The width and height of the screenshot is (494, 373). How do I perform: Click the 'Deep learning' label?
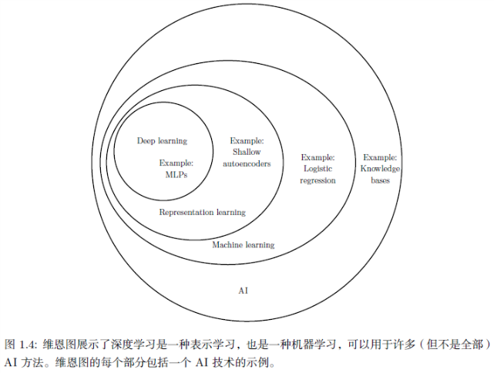[x=162, y=141]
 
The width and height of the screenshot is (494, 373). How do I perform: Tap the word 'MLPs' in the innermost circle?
[x=176, y=174]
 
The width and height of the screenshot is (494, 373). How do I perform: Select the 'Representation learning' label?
[x=202, y=212]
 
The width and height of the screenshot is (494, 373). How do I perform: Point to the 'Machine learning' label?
[x=243, y=245]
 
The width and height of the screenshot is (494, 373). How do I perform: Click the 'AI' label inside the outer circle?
[x=244, y=291]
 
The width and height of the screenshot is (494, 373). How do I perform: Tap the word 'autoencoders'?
[x=247, y=163]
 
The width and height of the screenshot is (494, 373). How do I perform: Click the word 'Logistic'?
[x=318, y=168]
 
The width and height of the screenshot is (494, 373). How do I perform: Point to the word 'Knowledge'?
[x=379, y=168]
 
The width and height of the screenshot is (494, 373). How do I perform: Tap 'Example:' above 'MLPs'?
[x=176, y=163]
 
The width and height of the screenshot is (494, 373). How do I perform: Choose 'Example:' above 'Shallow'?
[x=247, y=141]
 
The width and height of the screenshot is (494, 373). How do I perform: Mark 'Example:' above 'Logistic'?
[x=318, y=156]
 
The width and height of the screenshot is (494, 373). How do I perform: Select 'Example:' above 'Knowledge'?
[x=379, y=156]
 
